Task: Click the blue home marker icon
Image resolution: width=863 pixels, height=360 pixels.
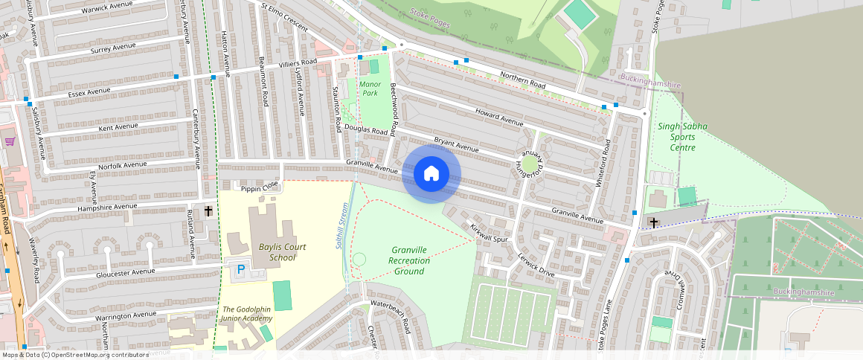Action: tap(431, 174)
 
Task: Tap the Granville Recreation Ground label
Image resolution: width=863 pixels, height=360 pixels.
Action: tap(408, 260)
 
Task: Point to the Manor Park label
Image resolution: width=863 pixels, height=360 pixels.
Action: tap(370, 89)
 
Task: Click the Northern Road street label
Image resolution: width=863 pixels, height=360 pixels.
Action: tap(522, 80)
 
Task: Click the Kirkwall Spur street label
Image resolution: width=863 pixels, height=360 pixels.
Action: tap(489, 232)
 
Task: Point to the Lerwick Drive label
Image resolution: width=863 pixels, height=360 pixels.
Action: tap(536, 266)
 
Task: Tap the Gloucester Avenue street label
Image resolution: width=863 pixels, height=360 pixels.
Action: tap(126, 273)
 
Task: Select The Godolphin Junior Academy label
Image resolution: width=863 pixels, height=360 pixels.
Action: tap(247, 314)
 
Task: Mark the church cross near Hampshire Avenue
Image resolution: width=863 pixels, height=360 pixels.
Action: tap(208, 212)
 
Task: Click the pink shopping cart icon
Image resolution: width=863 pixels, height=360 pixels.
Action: tap(10, 141)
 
